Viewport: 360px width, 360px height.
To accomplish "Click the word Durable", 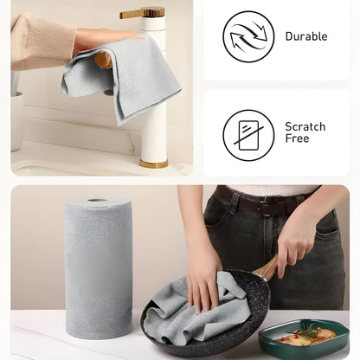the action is click(306, 36).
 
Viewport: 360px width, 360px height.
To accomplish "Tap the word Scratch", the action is click(305, 126).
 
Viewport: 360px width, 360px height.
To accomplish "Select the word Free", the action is click(297, 138).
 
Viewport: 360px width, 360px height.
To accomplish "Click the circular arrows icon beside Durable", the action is click(248, 36).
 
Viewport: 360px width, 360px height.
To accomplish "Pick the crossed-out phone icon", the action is click(248, 135).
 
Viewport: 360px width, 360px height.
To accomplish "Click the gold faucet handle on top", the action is click(142, 13).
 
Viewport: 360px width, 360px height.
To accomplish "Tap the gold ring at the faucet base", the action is click(154, 164).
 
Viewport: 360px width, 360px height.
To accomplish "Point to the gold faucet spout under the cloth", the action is click(104, 60).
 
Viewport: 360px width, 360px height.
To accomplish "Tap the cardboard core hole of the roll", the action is click(98, 200).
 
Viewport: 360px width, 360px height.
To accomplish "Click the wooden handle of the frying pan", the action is click(267, 268).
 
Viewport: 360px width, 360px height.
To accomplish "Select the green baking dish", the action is click(304, 339).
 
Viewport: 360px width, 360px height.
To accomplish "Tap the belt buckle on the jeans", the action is click(264, 205).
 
